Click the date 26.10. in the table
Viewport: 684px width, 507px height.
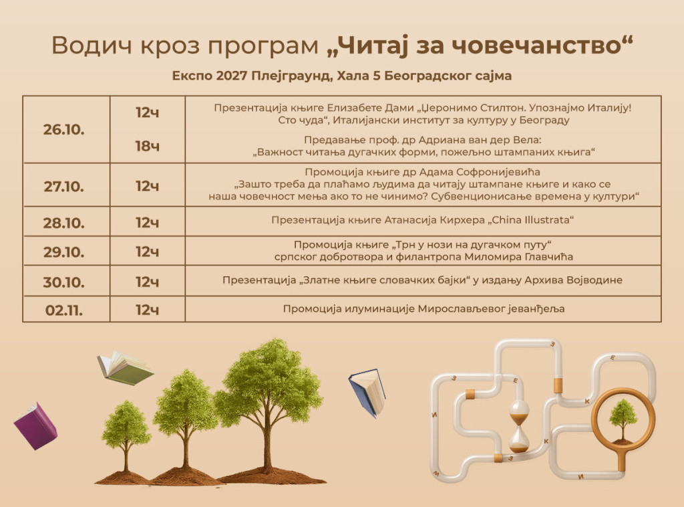(x=63, y=130)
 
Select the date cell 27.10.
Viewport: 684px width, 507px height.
(x=63, y=187)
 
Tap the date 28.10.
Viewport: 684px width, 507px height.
(x=63, y=223)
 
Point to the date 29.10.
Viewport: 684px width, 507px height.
(x=63, y=252)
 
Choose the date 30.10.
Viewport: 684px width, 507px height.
(x=63, y=282)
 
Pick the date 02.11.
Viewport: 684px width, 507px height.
(x=63, y=310)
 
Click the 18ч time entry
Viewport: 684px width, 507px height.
(x=148, y=146)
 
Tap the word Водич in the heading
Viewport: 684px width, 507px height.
(x=92, y=45)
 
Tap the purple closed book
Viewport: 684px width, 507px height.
(x=35, y=426)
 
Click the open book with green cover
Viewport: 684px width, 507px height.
(x=125, y=368)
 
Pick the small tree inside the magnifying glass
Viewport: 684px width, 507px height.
(x=623, y=420)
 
